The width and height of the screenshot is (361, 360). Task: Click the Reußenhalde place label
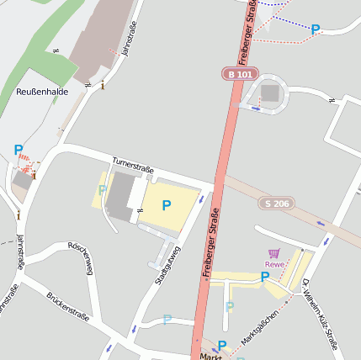(x=41, y=90)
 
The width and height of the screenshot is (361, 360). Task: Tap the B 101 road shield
(x=239, y=74)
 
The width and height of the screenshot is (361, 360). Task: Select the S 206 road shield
(x=277, y=203)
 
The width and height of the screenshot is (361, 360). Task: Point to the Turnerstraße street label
(x=133, y=166)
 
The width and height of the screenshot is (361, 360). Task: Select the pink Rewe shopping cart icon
(x=273, y=252)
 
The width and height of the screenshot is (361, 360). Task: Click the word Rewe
(x=275, y=263)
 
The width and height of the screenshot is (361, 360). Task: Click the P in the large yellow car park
(x=166, y=205)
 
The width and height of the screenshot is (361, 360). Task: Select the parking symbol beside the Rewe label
(x=264, y=276)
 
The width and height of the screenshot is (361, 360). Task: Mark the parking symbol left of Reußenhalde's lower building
(x=19, y=151)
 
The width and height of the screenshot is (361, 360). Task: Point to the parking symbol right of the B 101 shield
(x=315, y=29)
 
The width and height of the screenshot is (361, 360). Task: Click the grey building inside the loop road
(x=269, y=93)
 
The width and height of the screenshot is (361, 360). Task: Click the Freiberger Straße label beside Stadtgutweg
(x=210, y=243)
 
